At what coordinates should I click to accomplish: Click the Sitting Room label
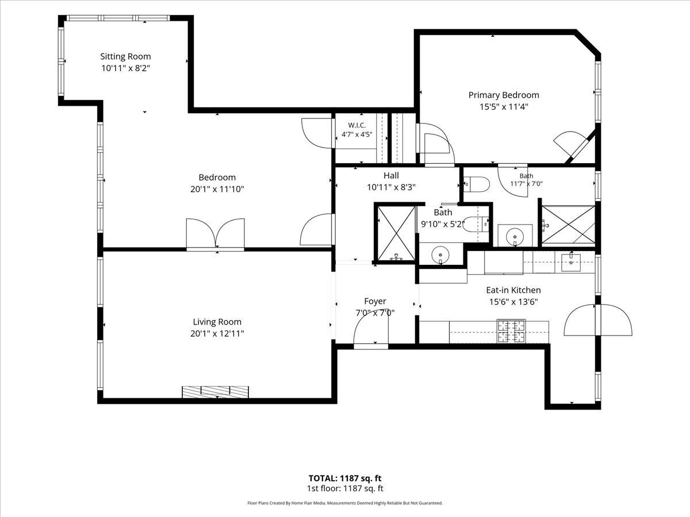click(125, 56)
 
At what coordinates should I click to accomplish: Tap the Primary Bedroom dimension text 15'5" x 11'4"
click(504, 107)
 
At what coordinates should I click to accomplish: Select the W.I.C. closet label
click(357, 125)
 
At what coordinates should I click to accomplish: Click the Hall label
click(391, 175)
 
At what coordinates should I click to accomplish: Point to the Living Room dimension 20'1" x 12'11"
click(217, 333)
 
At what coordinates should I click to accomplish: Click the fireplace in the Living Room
click(215, 392)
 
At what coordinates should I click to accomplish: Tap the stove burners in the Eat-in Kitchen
click(511, 331)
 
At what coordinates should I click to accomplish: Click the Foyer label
click(375, 301)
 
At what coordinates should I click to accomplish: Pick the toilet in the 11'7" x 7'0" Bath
click(477, 184)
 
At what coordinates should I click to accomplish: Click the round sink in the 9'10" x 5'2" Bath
click(440, 254)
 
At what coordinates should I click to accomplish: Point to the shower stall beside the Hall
click(396, 233)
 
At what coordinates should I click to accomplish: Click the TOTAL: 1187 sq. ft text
click(345, 478)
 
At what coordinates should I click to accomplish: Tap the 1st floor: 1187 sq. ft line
click(345, 488)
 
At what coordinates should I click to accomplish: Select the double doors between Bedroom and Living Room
click(215, 234)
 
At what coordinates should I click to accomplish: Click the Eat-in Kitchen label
click(513, 290)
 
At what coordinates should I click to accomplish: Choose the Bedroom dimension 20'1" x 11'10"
click(217, 189)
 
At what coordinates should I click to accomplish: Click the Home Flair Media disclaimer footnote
click(345, 503)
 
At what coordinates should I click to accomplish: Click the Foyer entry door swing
click(371, 329)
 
